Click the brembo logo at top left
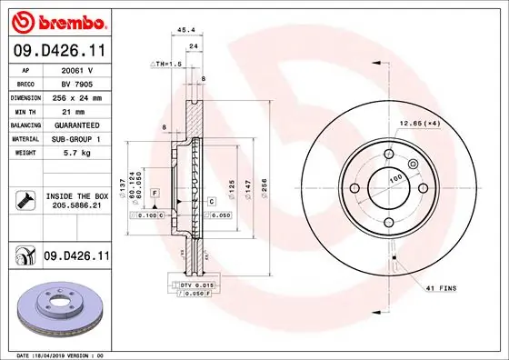59,19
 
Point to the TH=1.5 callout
167,65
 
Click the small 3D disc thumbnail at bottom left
55,310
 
